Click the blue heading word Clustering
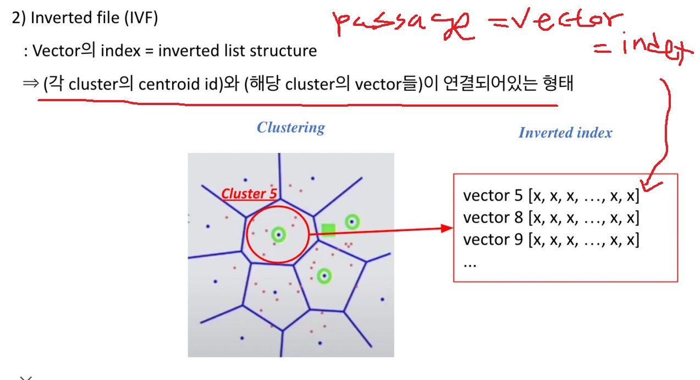click(x=291, y=128)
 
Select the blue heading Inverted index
click(x=565, y=133)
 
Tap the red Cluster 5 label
click(x=249, y=194)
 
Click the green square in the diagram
click(x=328, y=230)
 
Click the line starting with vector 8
click(x=551, y=218)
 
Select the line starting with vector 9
click(x=551, y=240)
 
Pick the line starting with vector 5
click(x=551, y=196)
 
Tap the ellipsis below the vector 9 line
click(x=470, y=263)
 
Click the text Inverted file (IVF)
click(x=94, y=18)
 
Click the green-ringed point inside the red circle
click(x=279, y=234)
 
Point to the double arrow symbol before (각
click(x=29, y=85)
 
